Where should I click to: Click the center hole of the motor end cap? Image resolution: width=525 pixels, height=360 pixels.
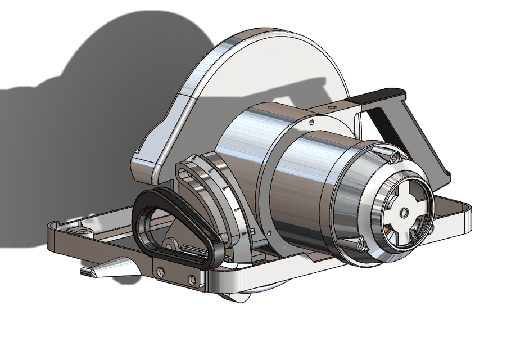(404, 213)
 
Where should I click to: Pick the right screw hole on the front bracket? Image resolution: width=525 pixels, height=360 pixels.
(193, 278)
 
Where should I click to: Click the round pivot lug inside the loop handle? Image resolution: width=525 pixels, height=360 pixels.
(168, 244)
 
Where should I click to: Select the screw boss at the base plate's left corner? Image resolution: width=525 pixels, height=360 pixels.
(83, 231)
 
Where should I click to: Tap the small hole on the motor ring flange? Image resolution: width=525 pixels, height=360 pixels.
(311, 120)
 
